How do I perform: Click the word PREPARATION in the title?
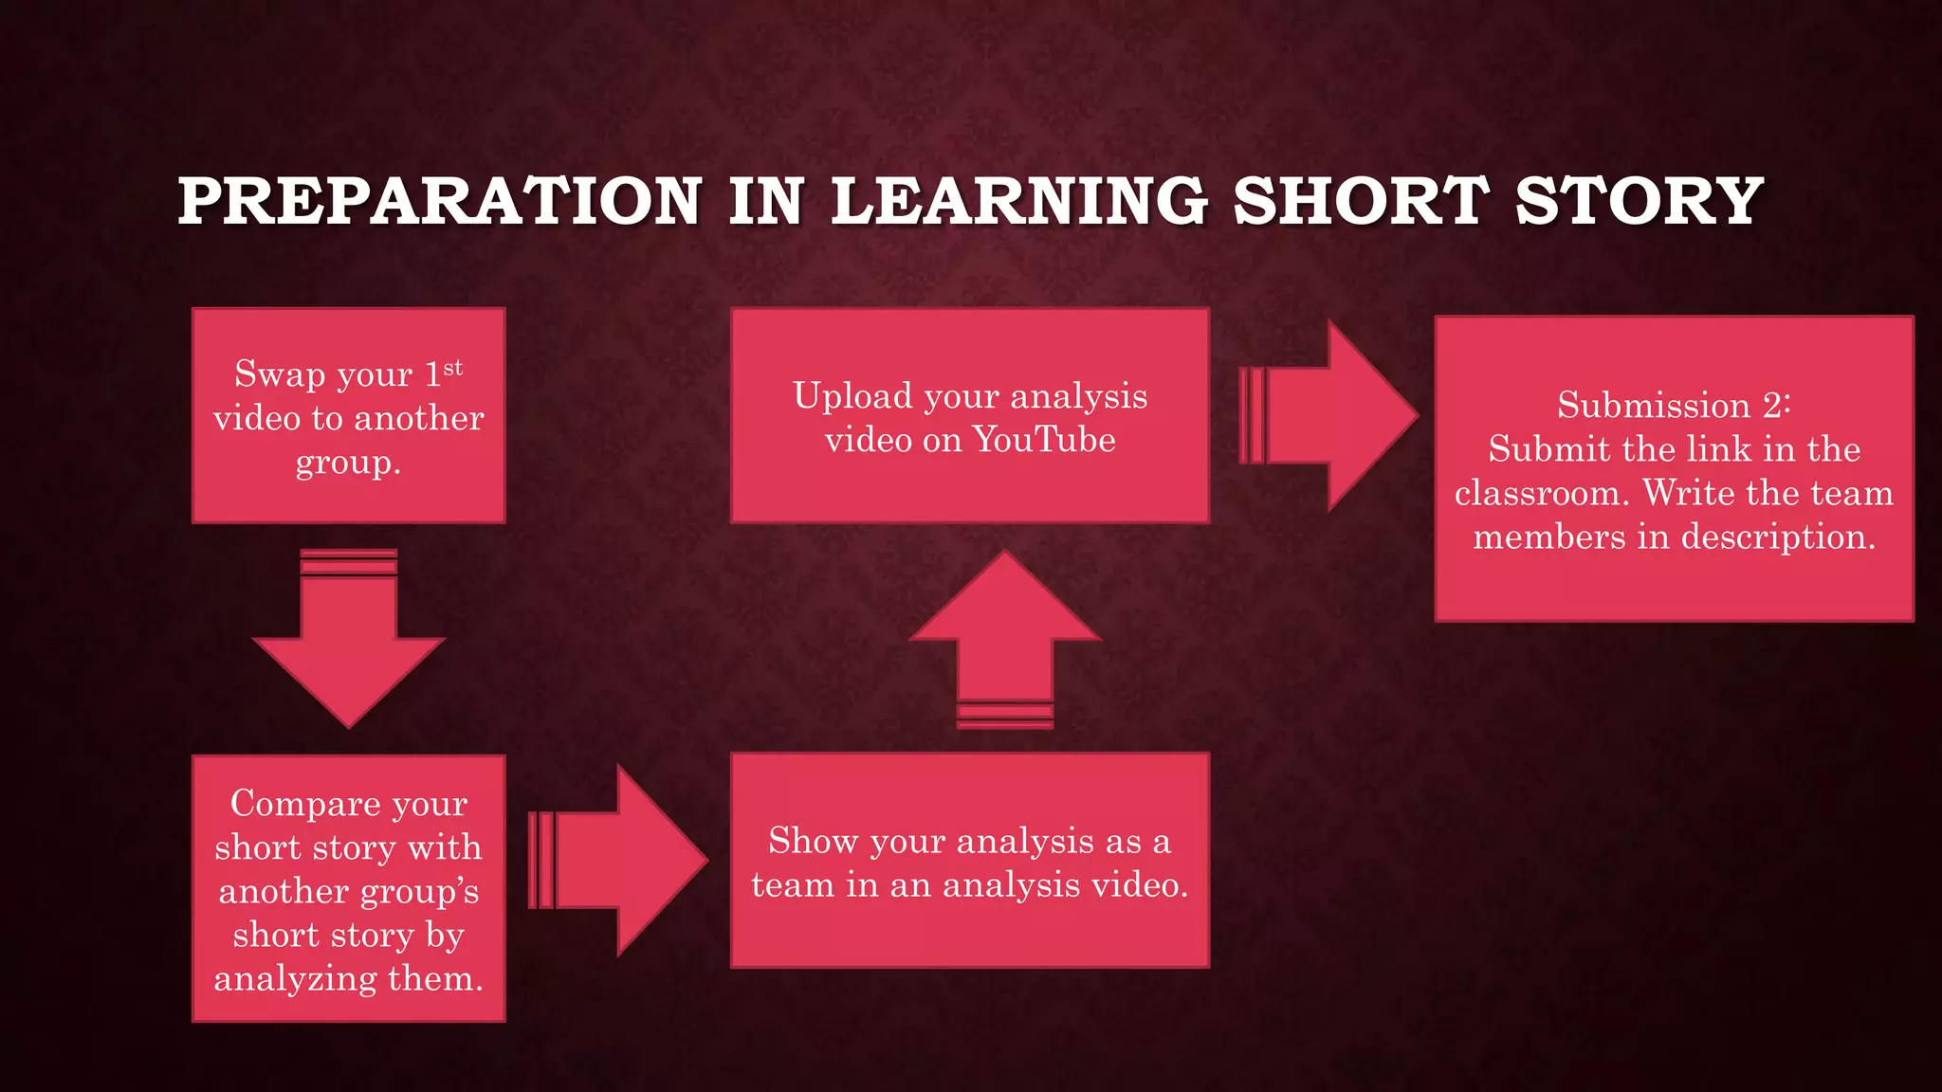click(440, 201)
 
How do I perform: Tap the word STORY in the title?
click(1639, 201)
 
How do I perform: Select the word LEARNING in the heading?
click(1019, 201)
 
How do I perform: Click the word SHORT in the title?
click(1360, 201)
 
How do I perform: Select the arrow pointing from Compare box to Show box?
click(617, 861)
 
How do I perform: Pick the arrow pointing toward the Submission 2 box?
click(1328, 415)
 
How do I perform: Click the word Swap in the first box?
click(280, 374)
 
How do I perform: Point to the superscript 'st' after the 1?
click(453, 367)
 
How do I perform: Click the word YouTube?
click(1044, 440)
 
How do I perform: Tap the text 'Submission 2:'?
click(1674, 405)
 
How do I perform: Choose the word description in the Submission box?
click(1778, 537)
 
